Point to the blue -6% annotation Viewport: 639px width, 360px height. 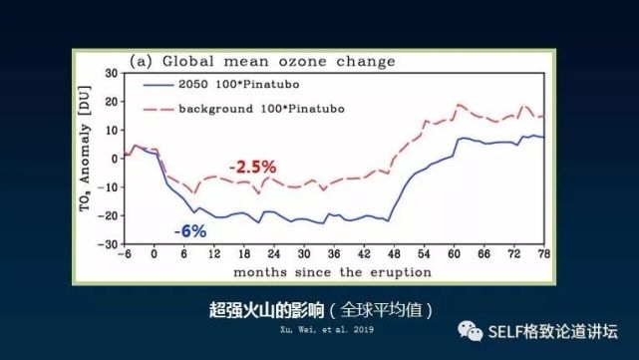[189, 231]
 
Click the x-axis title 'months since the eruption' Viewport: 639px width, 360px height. [333, 271]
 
